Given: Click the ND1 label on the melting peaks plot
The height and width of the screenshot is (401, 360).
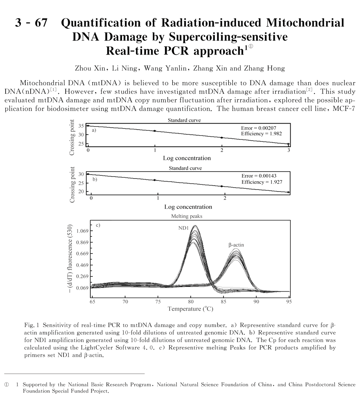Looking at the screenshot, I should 184,228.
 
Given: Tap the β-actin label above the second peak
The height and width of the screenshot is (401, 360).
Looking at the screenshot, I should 236,245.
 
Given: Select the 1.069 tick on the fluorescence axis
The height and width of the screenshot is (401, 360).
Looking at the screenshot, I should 82,231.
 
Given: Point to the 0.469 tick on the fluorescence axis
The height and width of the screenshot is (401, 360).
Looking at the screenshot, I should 82,265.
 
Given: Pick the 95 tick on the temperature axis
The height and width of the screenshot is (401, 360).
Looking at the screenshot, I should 289,302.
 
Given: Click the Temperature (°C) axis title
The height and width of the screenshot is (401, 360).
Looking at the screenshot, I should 191,309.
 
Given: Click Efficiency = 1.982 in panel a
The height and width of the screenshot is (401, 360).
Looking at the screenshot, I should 261,134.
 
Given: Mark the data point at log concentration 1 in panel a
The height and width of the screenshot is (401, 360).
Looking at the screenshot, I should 155,131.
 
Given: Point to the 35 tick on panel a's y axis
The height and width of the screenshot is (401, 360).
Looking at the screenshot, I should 81,126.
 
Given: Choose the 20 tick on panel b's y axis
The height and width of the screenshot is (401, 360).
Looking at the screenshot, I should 81,191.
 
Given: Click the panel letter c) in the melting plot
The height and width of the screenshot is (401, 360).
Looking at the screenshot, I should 98,225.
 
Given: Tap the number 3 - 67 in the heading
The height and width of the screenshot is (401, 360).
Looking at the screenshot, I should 31,23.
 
